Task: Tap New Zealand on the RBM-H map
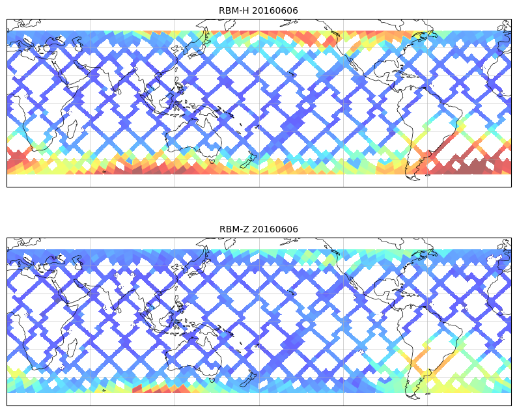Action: [248, 160]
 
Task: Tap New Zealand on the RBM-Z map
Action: [248, 379]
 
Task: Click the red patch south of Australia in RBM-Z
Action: [163, 388]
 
